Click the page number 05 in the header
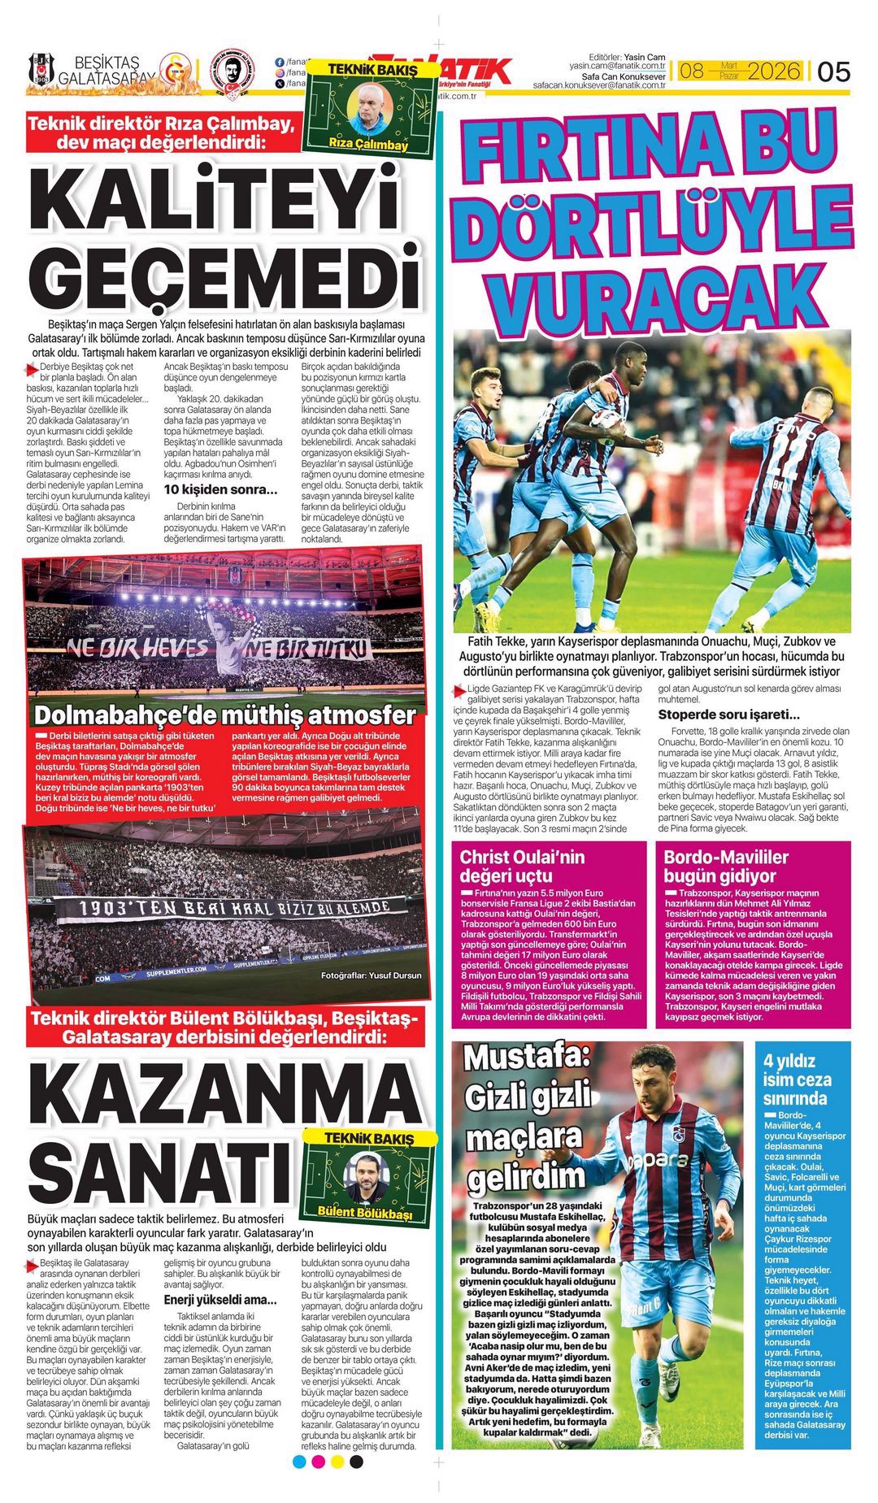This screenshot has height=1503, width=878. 833,72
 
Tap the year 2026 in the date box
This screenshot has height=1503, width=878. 774,72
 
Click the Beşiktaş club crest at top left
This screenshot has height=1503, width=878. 41,70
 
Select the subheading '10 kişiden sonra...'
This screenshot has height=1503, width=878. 220,489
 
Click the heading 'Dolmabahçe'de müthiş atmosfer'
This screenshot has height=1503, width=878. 225,715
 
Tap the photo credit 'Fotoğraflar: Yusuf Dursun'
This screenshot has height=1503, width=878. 371,975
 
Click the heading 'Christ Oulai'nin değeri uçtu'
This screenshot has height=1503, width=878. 522,866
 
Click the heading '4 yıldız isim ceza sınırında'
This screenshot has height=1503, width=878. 797,1079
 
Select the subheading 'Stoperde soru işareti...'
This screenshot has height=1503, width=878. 728,715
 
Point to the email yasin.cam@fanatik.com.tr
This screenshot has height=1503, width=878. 617,65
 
